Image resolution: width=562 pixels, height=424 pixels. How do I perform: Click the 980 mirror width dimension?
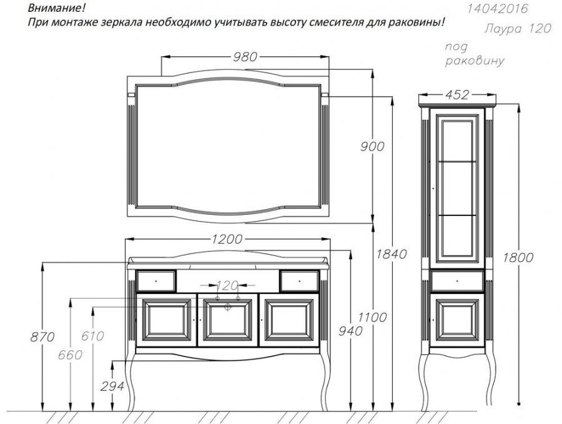pyautogui.click(x=245, y=57)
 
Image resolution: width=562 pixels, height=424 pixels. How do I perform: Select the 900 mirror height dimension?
pyautogui.click(x=372, y=146)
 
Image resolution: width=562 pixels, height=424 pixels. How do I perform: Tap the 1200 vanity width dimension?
pyautogui.click(x=227, y=239)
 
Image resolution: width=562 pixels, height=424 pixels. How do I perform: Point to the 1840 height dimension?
pyautogui.click(x=392, y=254)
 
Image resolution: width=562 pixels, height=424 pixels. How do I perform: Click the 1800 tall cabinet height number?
pyautogui.click(x=518, y=257)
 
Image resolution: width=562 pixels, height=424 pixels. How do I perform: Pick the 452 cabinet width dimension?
pyautogui.click(x=457, y=95)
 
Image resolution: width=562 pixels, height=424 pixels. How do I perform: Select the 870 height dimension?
pyautogui.click(x=42, y=337)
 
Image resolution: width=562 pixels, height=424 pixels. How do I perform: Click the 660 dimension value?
pyautogui.click(x=70, y=355)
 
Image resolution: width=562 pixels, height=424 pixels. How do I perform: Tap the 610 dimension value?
pyautogui.click(x=92, y=336)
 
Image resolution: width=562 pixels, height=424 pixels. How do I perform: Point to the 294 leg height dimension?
pyautogui.click(x=112, y=386)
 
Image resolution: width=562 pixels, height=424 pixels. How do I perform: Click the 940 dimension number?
pyautogui.click(x=350, y=331)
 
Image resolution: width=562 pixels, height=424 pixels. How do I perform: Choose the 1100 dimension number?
pyautogui.click(x=372, y=317)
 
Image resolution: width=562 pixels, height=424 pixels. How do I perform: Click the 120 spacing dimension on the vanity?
pyautogui.click(x=227, y=285)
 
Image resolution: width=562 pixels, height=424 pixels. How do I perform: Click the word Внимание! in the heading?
pyautogui.click(x=57, y=7)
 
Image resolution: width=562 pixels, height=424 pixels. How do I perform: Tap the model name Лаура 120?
pyautogui.click(x=518, y=28)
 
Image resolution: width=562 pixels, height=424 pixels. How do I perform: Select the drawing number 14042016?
pyautogui.click(x=498, y=8)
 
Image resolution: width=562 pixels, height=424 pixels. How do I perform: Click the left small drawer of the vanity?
pyautogui.click(x=156, y=281)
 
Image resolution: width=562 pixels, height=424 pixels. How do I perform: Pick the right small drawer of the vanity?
pyautogui.click(x=299, y=281)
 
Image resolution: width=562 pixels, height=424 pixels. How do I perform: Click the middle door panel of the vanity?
pyautogui.click(x=227, y=320)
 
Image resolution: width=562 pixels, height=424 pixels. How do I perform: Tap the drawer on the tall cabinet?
pyautogui.click(x=457, y=281)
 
